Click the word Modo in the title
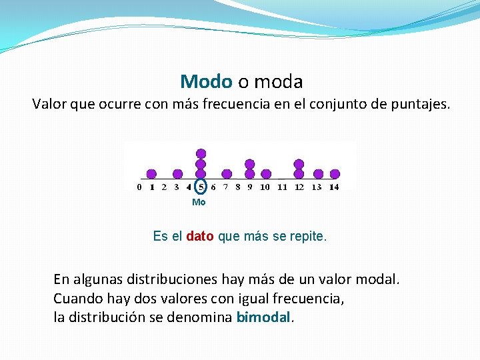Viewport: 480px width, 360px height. pos(206,82)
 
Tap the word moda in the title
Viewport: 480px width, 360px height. pos(278,82)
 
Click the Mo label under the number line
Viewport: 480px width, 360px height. pos(199,202)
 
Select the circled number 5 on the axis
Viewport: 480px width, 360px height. pos(201,187)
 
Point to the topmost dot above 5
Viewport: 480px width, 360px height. pos(201,153)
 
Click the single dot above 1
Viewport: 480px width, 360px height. pos(152,174)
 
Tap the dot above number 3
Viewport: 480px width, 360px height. pos(177,174)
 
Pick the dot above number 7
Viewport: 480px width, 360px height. pos(227,174)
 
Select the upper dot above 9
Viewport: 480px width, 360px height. pos(250,164)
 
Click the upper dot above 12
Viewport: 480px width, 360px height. pos(299,164)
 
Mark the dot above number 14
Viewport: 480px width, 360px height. pos(335,174)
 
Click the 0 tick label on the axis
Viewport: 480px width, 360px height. pos(139,187)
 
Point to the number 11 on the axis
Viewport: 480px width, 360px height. pos(282,187)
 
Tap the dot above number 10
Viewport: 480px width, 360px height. pos(266,174)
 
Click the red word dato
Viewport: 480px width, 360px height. pos(200,237)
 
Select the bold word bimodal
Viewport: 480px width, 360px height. pos(264,317)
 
